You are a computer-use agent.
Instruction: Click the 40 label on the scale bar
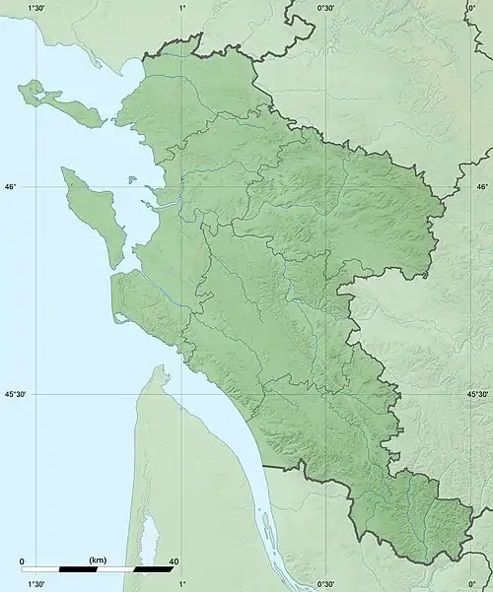tap(174, 561)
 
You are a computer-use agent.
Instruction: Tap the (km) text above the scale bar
tap(98, 559)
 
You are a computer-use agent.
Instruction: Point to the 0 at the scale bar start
tap(23, 561)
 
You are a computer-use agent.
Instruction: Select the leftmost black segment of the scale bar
tap(78, 569)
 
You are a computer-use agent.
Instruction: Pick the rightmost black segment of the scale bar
tap(153, 569)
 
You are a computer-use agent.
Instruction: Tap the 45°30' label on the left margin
tap(16, 394)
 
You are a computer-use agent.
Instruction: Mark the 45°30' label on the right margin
tap(477, 394)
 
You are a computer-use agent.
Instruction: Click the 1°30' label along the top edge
tap(36, 8)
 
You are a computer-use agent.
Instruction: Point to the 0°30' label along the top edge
tap(326, 8)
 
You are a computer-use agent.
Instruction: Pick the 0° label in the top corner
tap(471, 8)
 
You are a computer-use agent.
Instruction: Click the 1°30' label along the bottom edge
tap(36, 584)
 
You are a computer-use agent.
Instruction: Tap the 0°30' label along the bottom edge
tap(326, 584)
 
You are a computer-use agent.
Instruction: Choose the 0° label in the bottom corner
tap(471, 584)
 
